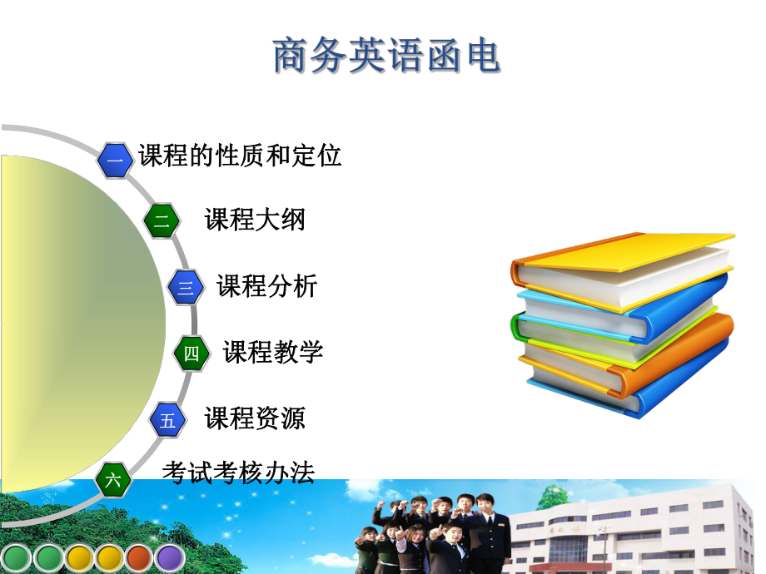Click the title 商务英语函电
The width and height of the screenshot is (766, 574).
point(386,57)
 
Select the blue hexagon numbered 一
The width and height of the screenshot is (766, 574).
point(115,159)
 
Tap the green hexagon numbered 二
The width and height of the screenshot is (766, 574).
point(162,221)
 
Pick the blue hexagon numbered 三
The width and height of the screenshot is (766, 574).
point(186,288)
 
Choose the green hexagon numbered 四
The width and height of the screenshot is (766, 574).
point(191,354)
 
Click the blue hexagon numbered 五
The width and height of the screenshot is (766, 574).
point(168,420)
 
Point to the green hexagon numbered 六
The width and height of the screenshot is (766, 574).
point(113,480)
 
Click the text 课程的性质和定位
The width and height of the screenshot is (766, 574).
point(240,156)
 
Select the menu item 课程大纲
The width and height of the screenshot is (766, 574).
point(255,220)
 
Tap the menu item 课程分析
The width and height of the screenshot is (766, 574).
point(266,286)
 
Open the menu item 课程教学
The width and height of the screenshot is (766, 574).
point(272,352)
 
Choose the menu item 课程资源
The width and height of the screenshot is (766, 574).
point(255,418)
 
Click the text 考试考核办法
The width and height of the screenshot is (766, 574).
point(238,473)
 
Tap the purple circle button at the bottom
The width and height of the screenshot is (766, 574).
point(170,558)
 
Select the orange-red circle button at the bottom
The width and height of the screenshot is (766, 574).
point(139,558)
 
